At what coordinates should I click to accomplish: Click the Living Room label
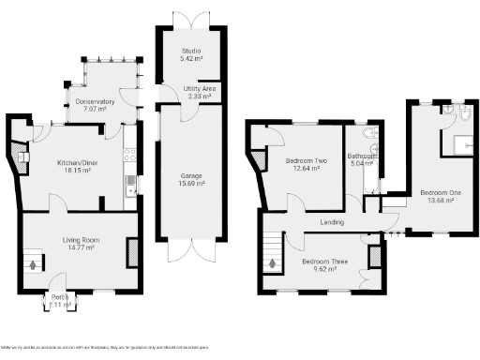click(82, 241)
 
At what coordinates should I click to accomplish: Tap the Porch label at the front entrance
click(61, 297)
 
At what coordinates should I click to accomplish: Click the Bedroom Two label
click(306, 161)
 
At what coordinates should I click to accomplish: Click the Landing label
click(331, 222)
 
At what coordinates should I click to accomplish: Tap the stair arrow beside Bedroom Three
click(273, 262)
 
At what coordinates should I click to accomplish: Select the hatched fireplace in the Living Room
click(132, 250)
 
